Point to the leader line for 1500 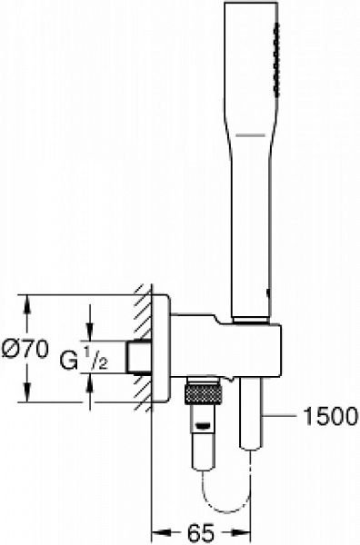(x=287, y=416)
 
